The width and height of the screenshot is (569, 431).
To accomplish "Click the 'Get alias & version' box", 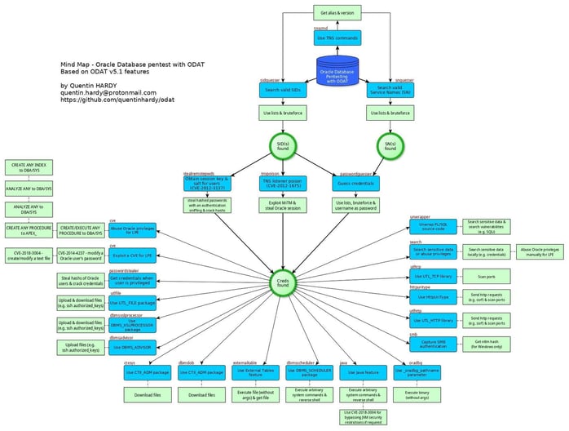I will (337, 13).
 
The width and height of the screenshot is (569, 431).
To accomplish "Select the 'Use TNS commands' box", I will (337, 39).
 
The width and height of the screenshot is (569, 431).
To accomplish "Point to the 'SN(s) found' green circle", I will (390, 148).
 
